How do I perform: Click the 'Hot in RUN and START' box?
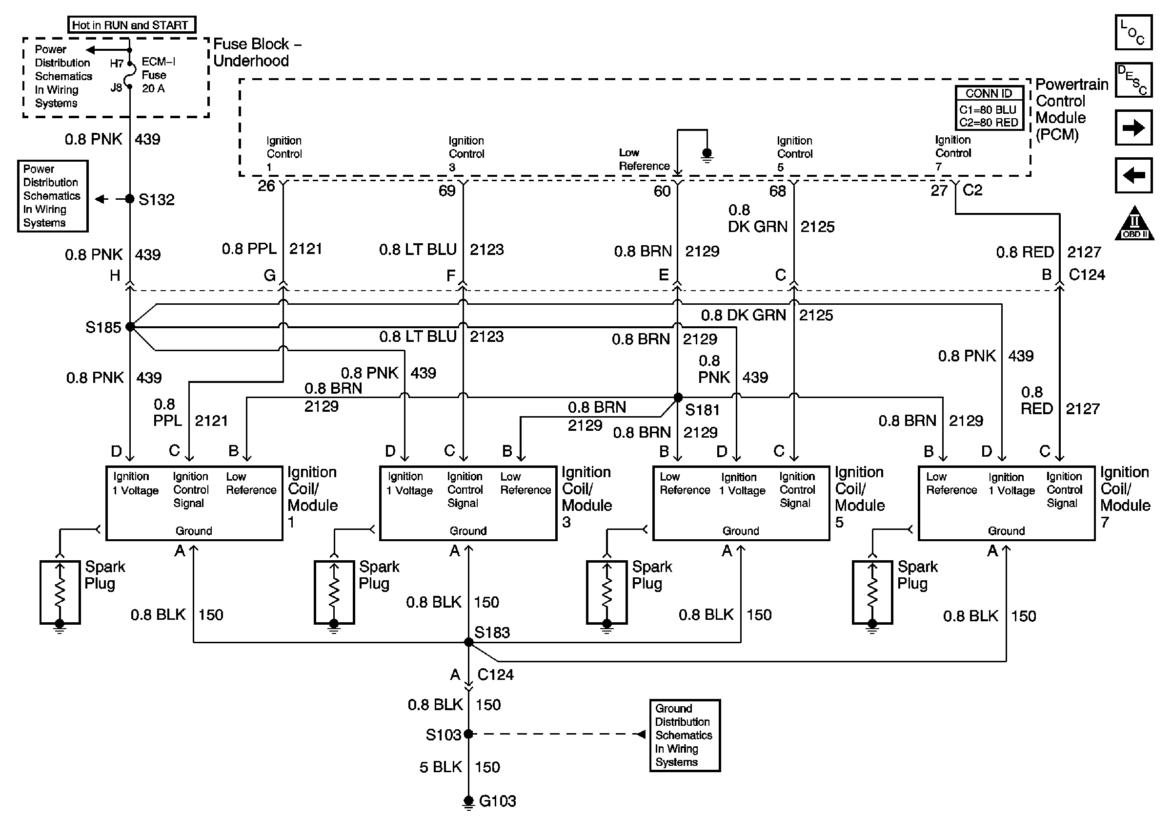(131, 24)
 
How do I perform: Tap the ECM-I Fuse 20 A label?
(158, 75)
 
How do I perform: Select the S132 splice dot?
(130, 199)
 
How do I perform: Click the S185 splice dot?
(130, 326)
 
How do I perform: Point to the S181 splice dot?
(678, 398)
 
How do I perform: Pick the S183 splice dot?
(468, 642)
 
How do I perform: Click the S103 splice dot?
(468, 734)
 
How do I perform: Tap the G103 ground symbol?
(468, 802)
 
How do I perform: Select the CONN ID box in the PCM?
(989, 108)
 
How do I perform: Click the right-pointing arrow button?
(1133, 127)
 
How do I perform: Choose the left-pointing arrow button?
(1133, 175)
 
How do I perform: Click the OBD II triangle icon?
(1134, 224)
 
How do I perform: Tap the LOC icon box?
(1133, 32)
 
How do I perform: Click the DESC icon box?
(1133, 80)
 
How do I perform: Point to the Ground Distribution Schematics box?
(685, 735)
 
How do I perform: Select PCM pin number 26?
(266, 186)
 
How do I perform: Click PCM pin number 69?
(446, 190)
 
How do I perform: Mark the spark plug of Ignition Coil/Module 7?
(872, 592)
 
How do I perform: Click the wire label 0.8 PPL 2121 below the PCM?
(272, 249)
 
